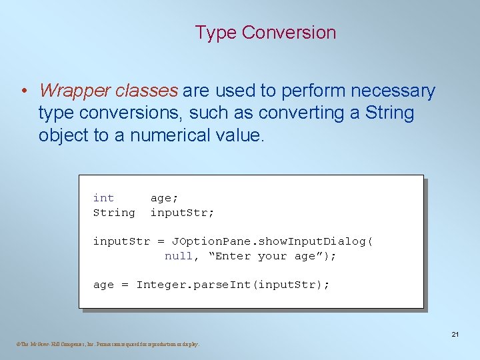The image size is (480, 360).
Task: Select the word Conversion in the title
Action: [x=289, y=33]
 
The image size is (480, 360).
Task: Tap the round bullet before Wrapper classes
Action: [x=24, y=91]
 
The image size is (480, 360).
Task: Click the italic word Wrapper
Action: [x=74, y=91]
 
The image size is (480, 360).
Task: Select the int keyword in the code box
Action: [x=103, y=198]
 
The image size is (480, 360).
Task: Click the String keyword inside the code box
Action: [x=114, y=213]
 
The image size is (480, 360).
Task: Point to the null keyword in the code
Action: [x=179, y=256]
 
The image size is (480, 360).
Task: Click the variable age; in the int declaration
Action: [x=165, y=198]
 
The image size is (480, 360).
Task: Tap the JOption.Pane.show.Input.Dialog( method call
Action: [x=272, y=241]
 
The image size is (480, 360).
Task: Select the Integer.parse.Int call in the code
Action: [x=196, y=285]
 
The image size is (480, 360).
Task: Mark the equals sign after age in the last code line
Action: [x=125, y=285]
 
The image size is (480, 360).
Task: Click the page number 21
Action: [x=455, y=334]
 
